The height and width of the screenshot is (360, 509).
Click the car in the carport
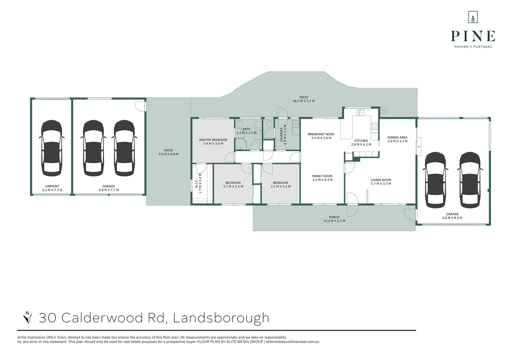[x=52, y=148]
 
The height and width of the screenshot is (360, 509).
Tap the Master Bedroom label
[x=213, y=140]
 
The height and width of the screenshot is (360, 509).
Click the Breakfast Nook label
[x=321, y=134]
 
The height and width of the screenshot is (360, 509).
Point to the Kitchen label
[x=361, y=141]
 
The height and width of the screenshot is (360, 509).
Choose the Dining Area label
[x=397, y=137]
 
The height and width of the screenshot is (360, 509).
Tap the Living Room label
[x=381, y=180]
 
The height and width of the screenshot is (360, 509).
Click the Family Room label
[x=322, y=176]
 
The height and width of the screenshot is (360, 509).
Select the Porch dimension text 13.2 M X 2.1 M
[x=334, y=221]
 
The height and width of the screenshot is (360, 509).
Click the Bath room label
[x=247, y=129]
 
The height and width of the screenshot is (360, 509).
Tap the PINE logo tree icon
[x=473, y=17]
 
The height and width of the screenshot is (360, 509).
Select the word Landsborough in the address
[x=221, y=318]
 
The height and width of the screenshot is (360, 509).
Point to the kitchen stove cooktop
[x=374, y=126]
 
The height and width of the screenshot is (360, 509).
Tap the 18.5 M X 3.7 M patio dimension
[x=303, y=101]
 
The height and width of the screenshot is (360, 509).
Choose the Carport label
[x=52, y=186]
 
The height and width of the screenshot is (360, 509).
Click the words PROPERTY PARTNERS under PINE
[x=473, y=47]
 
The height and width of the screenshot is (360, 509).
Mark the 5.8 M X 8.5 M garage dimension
[x=452, y=218]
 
